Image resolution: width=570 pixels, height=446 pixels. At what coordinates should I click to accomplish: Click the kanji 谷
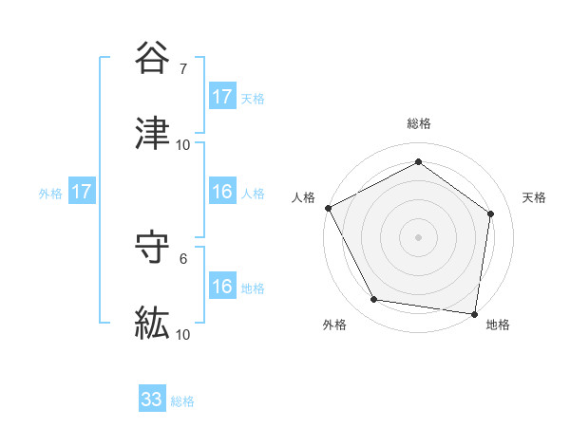153,59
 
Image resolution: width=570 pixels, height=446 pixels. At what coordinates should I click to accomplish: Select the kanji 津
153,135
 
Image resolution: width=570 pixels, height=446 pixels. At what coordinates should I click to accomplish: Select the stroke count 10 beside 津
183,145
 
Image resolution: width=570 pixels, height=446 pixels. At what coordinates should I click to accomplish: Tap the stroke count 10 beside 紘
183,335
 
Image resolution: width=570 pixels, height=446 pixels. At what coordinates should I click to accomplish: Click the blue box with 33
152,400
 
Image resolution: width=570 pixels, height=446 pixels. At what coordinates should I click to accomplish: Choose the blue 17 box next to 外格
82,193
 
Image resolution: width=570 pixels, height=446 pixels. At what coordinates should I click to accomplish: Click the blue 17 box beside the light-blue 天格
222,97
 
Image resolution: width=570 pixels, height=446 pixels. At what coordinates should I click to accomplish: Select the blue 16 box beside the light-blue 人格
222,193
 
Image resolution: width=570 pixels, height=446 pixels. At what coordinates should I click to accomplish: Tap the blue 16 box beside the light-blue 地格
222,288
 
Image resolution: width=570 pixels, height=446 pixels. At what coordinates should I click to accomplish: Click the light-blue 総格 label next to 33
182,401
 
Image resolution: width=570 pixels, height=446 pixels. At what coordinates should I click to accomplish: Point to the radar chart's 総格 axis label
419,123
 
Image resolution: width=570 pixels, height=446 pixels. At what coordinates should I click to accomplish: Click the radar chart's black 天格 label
534,197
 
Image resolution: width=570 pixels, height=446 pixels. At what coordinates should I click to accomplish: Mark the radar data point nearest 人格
328,208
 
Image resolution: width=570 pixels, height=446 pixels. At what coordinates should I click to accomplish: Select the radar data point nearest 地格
474,313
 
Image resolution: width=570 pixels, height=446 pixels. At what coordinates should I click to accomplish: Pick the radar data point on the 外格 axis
374,300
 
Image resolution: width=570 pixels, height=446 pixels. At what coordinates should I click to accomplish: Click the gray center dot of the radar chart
419,237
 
